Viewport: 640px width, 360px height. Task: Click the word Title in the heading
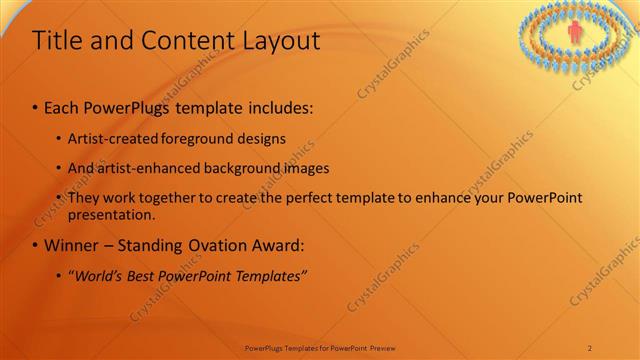[x=58, y=41]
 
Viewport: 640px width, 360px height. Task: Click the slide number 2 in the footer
[x=590, y=347]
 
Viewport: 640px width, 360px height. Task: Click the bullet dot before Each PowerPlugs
[x=36, y=105]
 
